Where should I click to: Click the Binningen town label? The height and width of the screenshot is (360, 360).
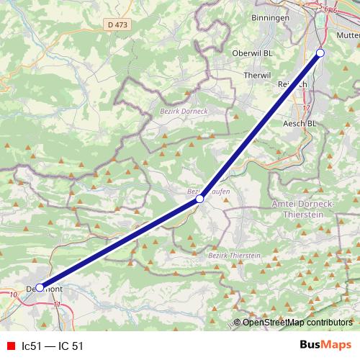[271, 17]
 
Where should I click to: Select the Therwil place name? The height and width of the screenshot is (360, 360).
[256, 75]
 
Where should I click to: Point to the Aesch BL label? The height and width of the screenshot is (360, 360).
[302, 124]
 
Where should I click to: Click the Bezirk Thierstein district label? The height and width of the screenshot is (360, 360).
[233, 256]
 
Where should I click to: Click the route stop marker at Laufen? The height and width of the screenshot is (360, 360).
[200, 199]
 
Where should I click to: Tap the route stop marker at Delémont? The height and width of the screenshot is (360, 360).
[40, 287]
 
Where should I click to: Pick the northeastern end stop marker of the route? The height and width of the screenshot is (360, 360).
[320, 53]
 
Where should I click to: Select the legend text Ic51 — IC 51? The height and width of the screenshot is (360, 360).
[53, 346]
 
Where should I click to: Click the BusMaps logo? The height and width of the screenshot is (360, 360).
[325, 345]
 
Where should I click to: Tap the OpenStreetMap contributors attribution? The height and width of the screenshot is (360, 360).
[297, 323]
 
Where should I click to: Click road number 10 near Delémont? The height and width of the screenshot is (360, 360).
[14, 295]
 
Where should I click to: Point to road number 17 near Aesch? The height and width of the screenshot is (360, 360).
[306, 109]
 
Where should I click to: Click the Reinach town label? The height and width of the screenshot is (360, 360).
[292, 84]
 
